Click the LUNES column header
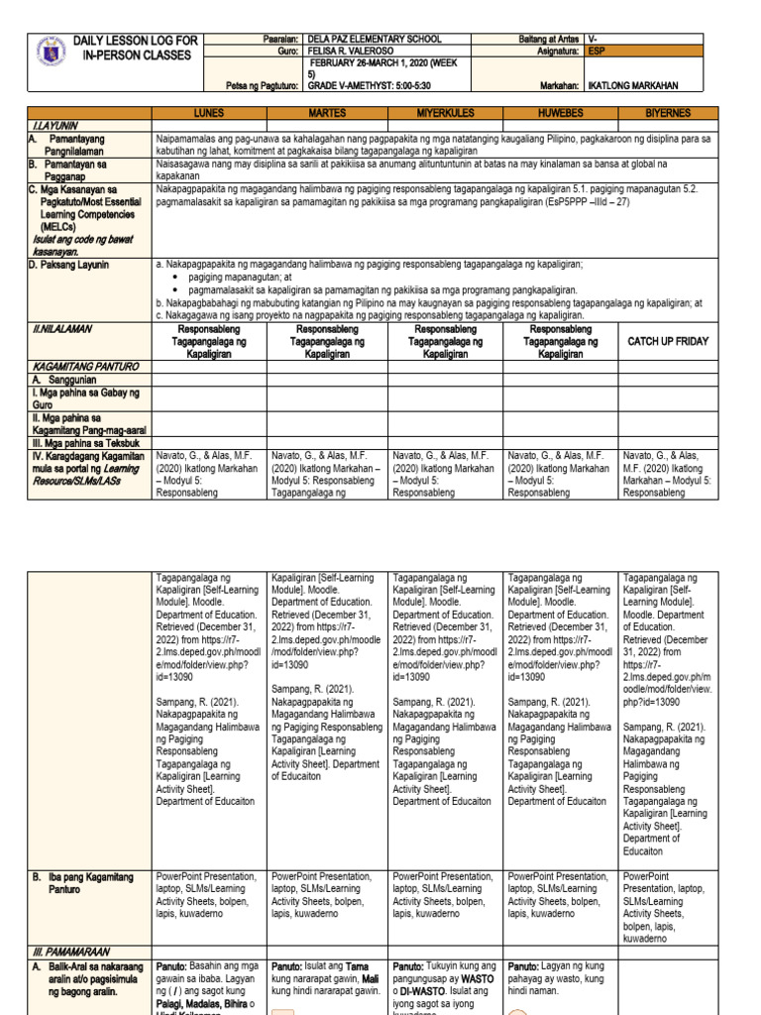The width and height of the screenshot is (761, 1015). click(210, 113)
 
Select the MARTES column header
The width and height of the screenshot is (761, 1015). click(326, 113)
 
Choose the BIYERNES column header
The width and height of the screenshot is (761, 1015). click(669, 113)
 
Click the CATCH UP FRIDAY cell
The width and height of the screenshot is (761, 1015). click(669, 341)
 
